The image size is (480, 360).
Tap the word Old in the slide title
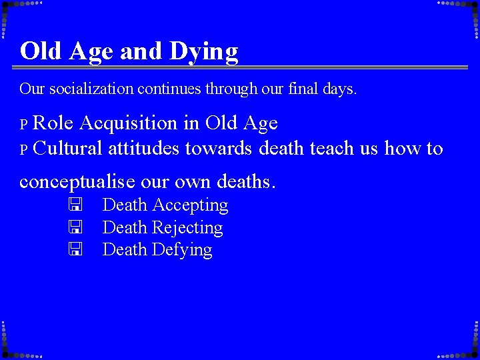pos(41,51)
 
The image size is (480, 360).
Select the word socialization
pos(89,89)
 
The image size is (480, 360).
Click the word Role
pos(53,123)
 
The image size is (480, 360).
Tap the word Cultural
pos(67,148)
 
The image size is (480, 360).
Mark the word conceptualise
pos(78,181)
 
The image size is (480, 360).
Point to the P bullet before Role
pos(23,125)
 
